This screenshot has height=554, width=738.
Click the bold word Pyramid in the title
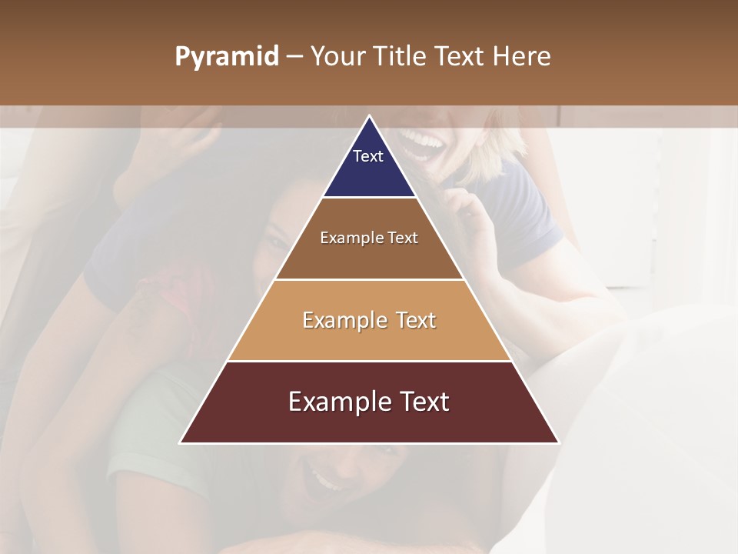226,57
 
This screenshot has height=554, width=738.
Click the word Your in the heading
336,57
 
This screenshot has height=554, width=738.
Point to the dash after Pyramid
294,57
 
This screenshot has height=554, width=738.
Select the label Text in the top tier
368,156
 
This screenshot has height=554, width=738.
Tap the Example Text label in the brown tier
369,238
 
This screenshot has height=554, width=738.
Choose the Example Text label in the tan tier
369,320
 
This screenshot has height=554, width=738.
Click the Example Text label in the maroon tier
369,402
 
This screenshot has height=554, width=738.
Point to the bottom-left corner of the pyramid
181,442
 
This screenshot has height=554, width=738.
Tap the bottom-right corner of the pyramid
558,442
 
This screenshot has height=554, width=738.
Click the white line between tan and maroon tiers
369,361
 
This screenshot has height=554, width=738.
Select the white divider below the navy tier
369,198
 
